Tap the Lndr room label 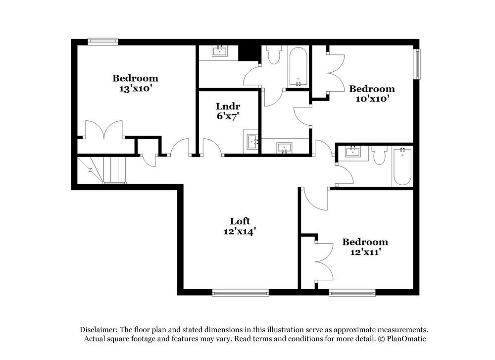coord(228,106)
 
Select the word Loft coord(240,221)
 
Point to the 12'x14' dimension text coord(240,231)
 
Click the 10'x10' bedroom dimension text coord(372,99)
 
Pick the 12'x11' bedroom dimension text coord(365,252)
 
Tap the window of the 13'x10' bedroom coord(103,42)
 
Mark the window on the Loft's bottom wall coord(240,293)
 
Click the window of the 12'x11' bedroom coord(352,293)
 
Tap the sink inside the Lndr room coord(252,142)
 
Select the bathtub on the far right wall coord(402,167)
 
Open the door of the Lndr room coord(211,148)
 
